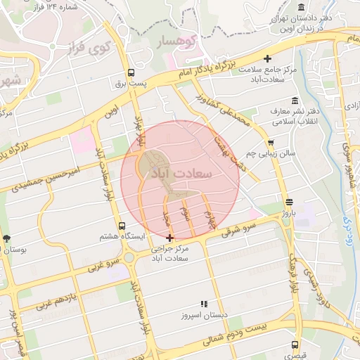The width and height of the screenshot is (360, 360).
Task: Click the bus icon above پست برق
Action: pos(131,72)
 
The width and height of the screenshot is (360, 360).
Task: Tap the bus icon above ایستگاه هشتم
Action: pos(122,226)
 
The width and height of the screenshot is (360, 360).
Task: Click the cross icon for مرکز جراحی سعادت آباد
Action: pos(170,238)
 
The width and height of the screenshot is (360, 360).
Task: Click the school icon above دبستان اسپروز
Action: pos(204,304)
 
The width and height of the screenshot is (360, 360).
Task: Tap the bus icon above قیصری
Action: pos(294,345)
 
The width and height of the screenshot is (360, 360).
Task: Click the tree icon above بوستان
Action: pos(7,238)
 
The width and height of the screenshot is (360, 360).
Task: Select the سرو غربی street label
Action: pos(105,262)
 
